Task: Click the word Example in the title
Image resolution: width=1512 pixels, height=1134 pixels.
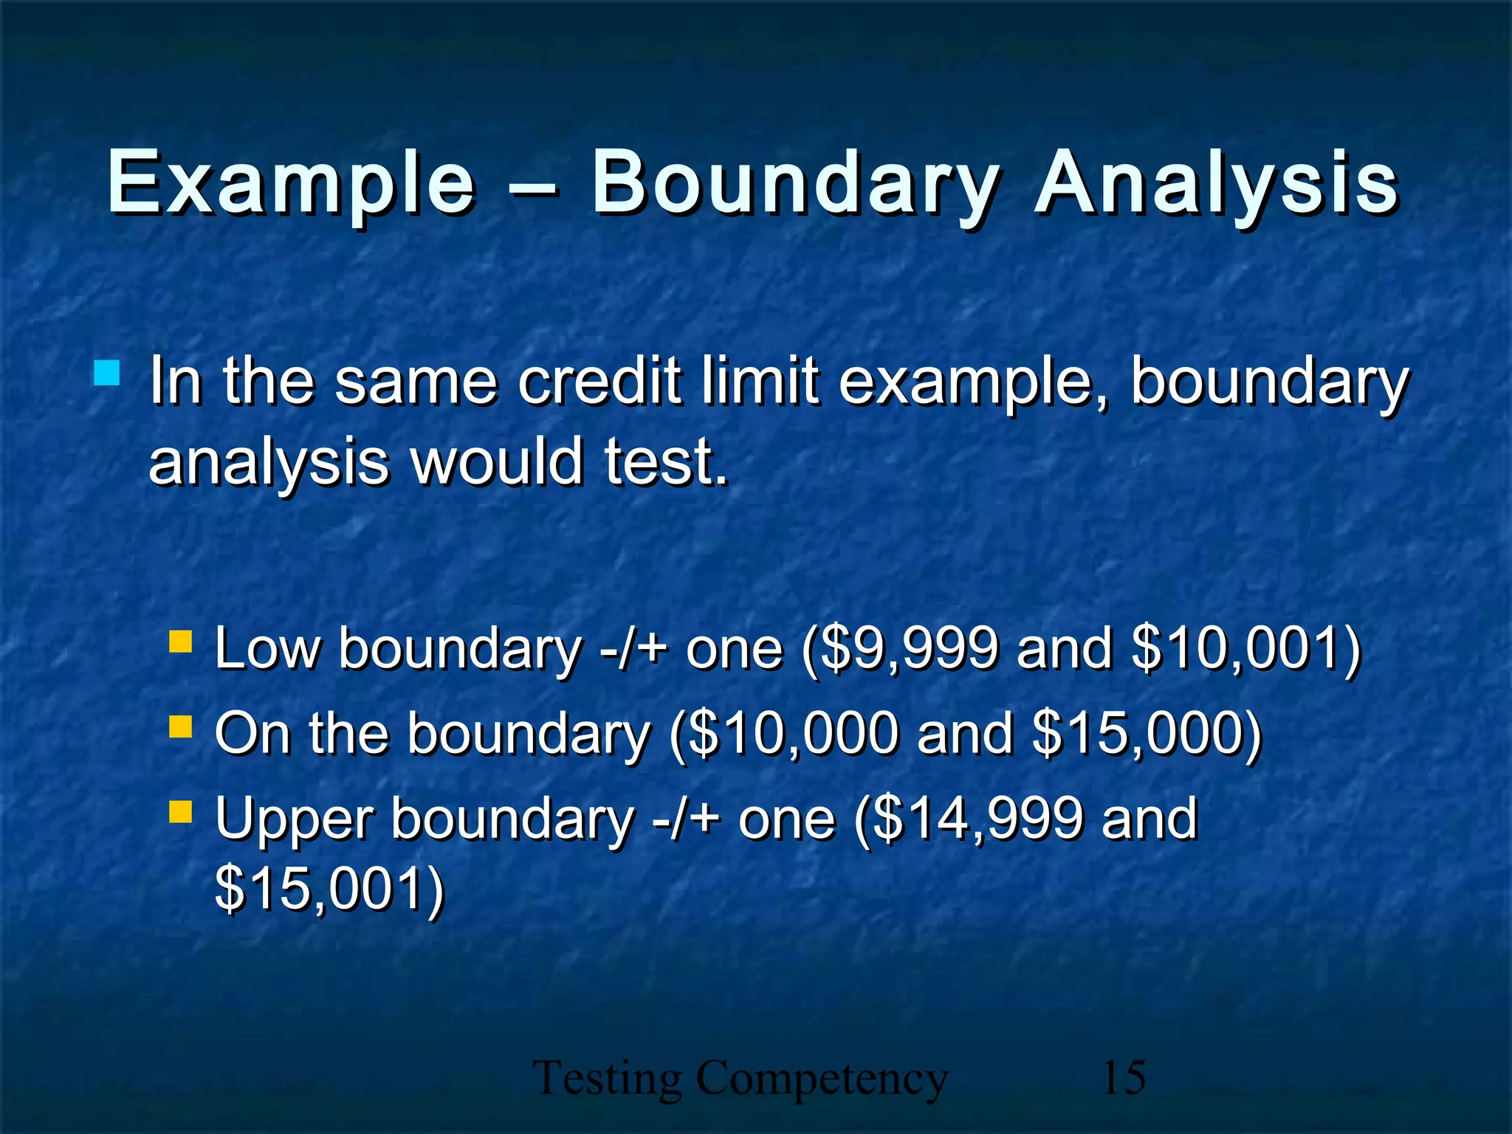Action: pos(291,182)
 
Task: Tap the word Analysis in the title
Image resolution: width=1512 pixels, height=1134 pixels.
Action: pos(1215,182)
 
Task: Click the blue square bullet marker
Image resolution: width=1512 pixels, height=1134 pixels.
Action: pos(107,374)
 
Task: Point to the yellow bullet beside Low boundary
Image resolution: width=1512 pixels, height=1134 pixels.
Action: pos(180,642)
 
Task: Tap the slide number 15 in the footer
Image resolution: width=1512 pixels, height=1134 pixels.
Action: pos(1123,1078)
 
